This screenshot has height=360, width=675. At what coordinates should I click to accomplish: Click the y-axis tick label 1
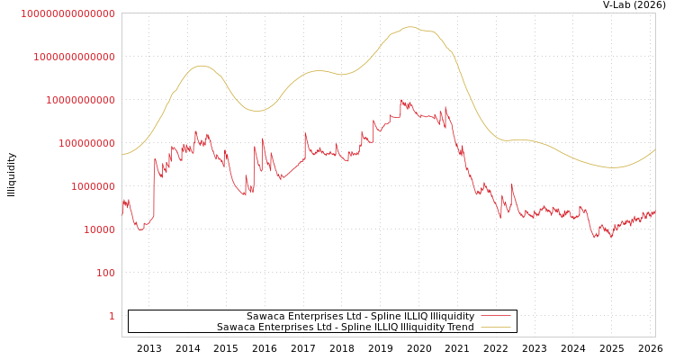coord(112,316)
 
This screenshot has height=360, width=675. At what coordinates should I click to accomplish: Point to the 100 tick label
coord(105,273)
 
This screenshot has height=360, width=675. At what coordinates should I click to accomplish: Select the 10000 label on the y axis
coord(99,229)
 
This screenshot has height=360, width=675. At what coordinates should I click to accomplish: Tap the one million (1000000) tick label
coord(93,186)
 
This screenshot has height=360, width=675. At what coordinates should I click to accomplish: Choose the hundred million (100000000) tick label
coord(86,143)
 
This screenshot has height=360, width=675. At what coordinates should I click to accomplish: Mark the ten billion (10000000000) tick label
coord(80,100)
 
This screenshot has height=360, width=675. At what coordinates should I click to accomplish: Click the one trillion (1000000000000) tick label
coord(74,57)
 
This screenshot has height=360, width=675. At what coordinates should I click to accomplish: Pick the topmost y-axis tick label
coord(67,13)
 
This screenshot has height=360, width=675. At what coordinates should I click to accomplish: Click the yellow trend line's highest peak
coord(410,27)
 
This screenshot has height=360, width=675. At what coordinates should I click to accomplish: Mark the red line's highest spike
coord(401,100)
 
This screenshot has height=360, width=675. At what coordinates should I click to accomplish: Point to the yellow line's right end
coord(654,149)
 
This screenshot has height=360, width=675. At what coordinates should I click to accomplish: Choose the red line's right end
coord(654,211)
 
